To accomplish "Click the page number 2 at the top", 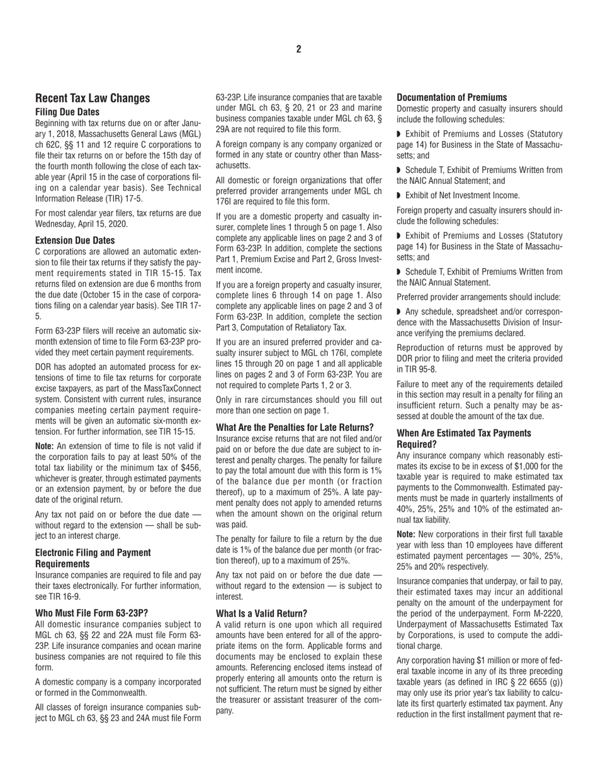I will pyautogui.click(x=298, y=50).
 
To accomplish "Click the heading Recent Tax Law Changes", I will pyautogui.click(x=93, y=98).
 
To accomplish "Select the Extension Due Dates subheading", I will pyautogui.click(x=75, y=240).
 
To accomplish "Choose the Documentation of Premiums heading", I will pyautogui.click(x=451, y=98).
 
